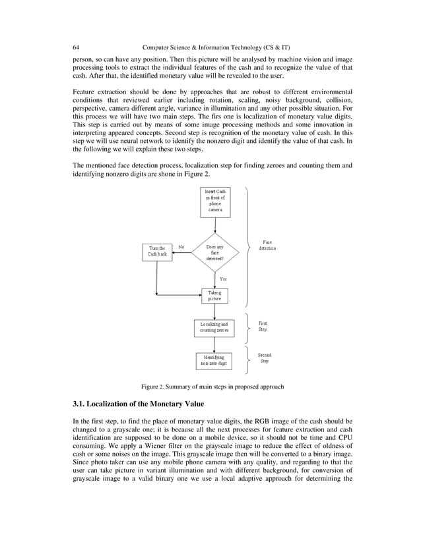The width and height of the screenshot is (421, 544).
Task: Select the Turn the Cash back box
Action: pyautogui.click(x=157, y=252)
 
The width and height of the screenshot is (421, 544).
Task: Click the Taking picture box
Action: pyautogui.click(x=214, y=296)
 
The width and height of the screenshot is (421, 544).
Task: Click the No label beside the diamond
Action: pyautogui.click(x=181, y=248)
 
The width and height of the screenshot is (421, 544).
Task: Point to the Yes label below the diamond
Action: pyautogui.click(x=223, y=279)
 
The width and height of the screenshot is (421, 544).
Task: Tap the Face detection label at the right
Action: pyautogui.click(x=267, y=245)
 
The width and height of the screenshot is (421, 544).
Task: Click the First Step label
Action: pyautogui.click(x=263, y=326)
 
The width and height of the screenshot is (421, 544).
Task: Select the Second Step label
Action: pyautogui.click(x=264, y=358)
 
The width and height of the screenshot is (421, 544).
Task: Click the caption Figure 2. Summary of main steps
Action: pyautogui.click(x=210, y=387)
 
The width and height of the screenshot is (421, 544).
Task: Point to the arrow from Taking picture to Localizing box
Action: pyautogui.click(x=214, y=312)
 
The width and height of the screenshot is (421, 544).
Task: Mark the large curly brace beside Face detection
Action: pyautogui.click(x=248, y=247)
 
